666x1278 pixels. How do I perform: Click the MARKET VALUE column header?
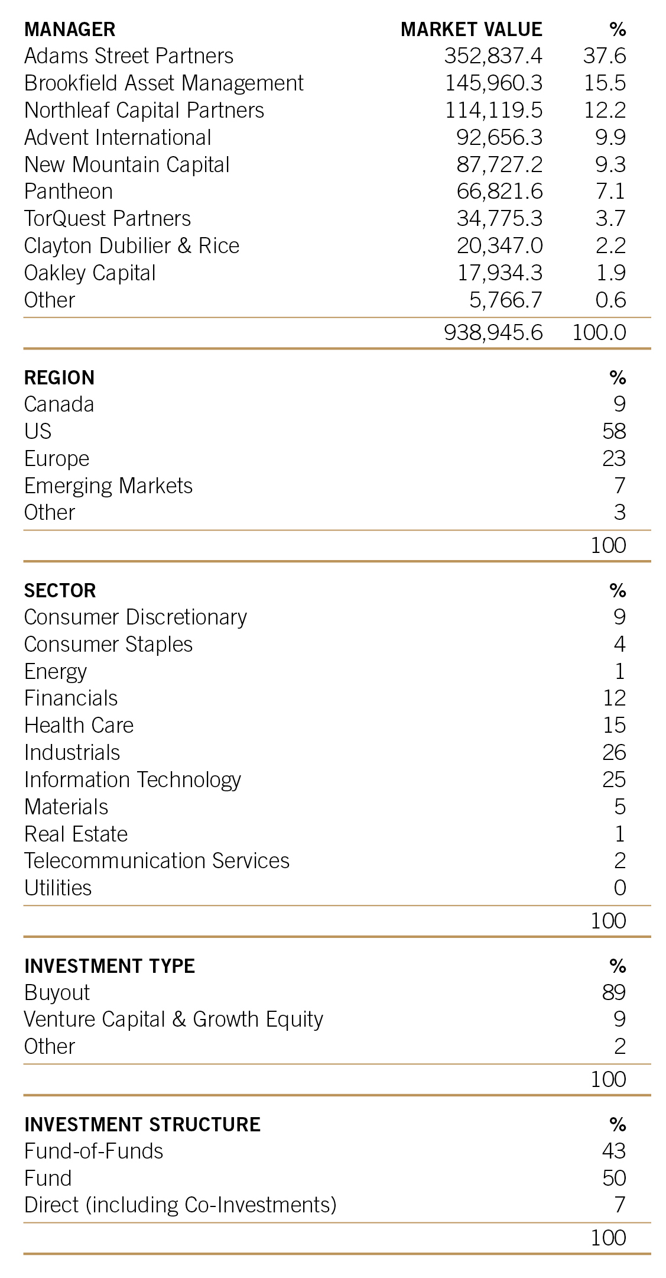click(x=471, y=30)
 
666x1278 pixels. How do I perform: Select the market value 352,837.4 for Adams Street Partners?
click(x=493, y=56)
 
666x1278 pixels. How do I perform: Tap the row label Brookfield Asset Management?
click(x=164, y=83)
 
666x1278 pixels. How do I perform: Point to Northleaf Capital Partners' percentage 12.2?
click(x=605, y=111)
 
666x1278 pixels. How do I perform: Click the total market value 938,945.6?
click(x=493, y=332)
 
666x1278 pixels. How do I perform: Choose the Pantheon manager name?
click(x=69, y=192)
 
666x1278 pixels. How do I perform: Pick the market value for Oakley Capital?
click(x=500, y=273)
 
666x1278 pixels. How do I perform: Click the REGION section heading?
click(x=59, y=378)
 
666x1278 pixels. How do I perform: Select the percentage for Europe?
click(x=614, y=458)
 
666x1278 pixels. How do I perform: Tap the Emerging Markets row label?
click(x=108, y=486)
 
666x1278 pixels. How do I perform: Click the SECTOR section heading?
click(x=60, y=590)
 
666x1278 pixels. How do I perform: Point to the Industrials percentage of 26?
click(x=614, y=752)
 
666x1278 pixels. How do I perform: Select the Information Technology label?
click(x=132, y=780)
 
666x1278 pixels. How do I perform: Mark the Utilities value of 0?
click(x=619, y=888)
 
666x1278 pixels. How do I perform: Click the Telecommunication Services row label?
click(x=157, y=861)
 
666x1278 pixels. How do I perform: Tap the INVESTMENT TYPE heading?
click(x=109, y=966)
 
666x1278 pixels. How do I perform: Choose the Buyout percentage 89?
click(x=614, y=992)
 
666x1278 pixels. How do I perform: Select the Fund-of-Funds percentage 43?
click(x=614, y=1151)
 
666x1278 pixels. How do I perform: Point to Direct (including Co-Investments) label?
click(x=180, y=1205)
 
